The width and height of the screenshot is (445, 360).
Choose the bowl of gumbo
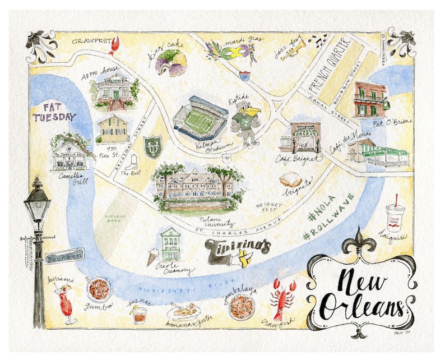[99, 288]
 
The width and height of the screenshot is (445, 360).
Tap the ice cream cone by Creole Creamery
[153, 256]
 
